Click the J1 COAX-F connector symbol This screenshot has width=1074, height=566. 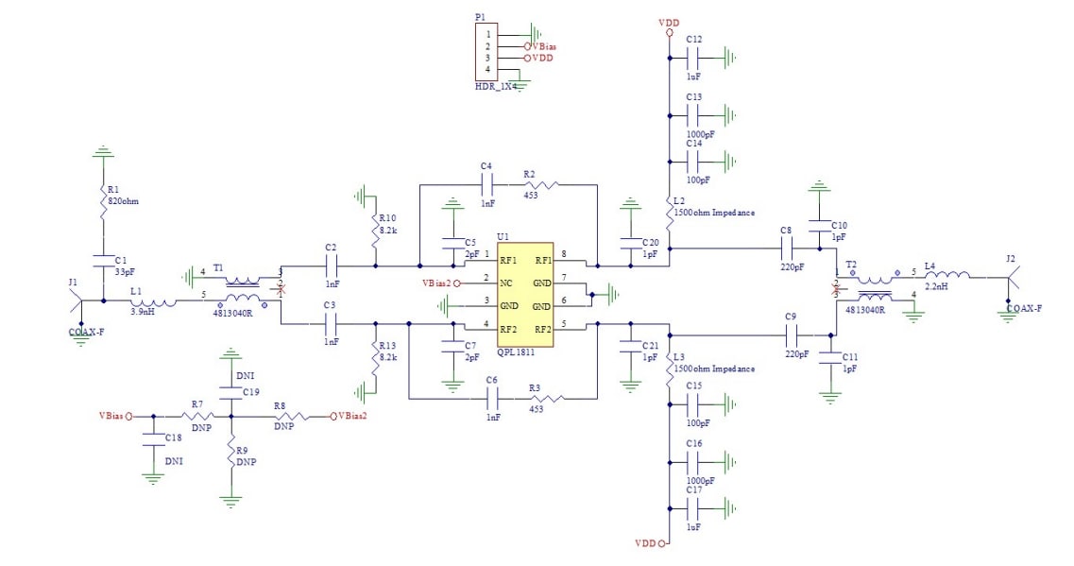pyautogui.click(x=79, y=300)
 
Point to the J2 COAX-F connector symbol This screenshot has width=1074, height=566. pyautogui.click(x=1011, y=278)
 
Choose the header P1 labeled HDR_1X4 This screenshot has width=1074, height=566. pyautogui.click(x=488, y=53)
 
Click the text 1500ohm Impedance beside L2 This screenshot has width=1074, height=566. pyautogui.click(x=715, y=213)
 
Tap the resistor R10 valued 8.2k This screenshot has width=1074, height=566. pyautogui.click(x=376, y=223)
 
